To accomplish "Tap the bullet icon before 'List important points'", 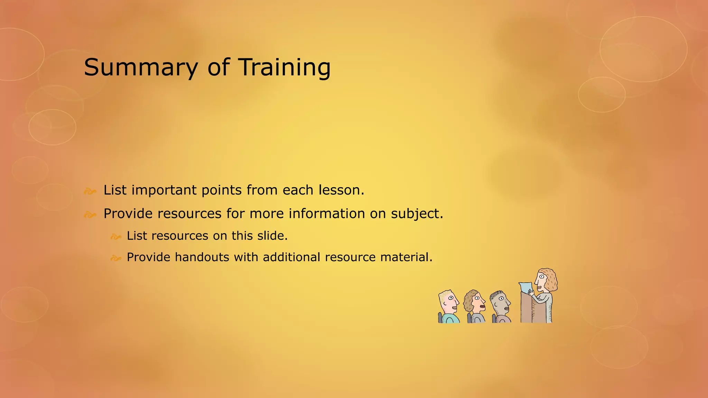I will tap(90, 191).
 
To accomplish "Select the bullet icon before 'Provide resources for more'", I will tap(90, 215).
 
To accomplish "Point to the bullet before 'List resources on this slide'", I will tap(116, 237).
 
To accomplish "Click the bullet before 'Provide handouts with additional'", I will tap(116, 258).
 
